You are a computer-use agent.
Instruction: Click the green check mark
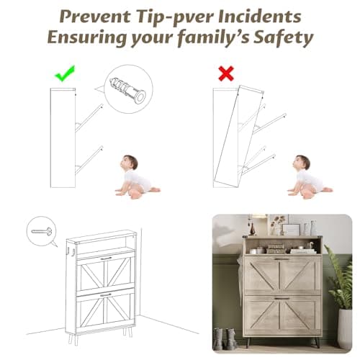(64, 74)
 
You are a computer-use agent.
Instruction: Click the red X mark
(226, 73)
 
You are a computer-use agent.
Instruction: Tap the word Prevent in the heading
(95, 17)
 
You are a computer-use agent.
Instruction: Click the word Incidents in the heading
(260, 17)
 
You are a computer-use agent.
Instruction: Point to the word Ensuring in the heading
(86, 37)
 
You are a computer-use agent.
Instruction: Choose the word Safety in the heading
(284, 37)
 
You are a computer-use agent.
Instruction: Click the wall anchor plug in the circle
(127, 90)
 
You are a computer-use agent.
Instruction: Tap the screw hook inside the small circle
(42, 231)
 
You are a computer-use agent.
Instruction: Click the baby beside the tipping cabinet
(309, 177)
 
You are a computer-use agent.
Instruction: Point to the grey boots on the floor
(225, 338)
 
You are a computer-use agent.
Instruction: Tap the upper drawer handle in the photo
(282, 259)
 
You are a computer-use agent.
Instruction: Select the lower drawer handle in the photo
(282, 299)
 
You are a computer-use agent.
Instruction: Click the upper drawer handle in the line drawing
(107, 258)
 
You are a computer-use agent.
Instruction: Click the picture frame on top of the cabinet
(291, 230)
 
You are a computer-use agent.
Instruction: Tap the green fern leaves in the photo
(338, 276)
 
